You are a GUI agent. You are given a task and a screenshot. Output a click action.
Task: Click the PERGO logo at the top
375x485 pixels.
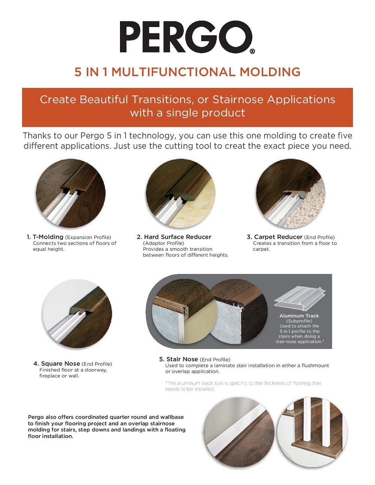coord(186,37)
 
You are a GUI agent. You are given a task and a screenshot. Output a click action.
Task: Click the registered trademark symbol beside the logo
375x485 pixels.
coord(252,51)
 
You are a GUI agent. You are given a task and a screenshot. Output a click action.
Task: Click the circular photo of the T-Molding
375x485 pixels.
coord(70,193)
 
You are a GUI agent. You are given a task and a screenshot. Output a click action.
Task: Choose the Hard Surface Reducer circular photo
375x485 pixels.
coord(180,193)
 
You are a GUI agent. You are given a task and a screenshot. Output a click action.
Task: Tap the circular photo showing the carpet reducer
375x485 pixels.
coord(290,193)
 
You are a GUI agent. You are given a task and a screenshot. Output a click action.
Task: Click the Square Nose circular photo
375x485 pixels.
coord(77,313)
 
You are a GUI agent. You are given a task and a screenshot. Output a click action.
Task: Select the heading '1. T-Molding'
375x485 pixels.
coord(45,237)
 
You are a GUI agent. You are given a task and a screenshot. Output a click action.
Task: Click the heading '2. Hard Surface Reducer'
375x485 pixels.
coord(174,237)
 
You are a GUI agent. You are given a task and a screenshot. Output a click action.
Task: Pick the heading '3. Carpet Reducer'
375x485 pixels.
coord(274,237)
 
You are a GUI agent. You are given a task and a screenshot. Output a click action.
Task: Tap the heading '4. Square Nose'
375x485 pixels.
coord(57,364)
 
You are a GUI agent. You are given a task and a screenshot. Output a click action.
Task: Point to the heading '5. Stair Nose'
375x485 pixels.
coord(178,359)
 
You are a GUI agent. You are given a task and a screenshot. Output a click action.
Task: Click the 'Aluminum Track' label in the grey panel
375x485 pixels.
coord(299,316)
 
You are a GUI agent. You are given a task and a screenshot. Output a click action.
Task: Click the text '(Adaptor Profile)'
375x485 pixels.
coord(163,243)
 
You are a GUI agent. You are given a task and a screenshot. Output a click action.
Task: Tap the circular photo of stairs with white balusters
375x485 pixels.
coord(312,432)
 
